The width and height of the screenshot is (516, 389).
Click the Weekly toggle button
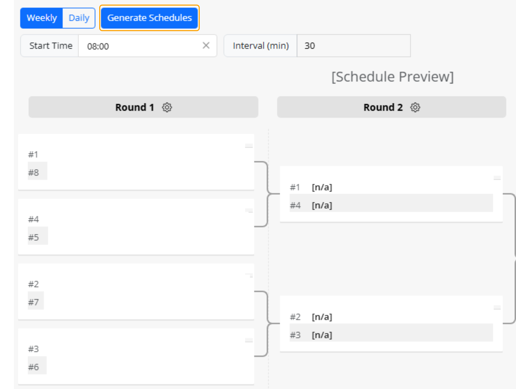pyautogui.click(x=42, y=18)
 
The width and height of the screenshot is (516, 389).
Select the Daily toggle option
pyautogui.click(x=79, y=18)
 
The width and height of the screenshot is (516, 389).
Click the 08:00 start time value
pyautogui.click(x=98, y=46)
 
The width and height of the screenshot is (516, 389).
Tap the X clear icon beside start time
pyautogui.click(x=206, y=46)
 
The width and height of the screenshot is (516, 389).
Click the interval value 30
pyautogui.click(x=310, y=46)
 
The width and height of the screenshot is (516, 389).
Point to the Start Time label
pyautogui.click(x=51, y=46)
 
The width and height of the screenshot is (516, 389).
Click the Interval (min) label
pyautogui.click(x=260, y=46)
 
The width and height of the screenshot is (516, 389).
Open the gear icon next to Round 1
pyautogui.click(x=167, y=107)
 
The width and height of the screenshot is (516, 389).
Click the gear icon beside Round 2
pyautogui.click(x=415, y=107)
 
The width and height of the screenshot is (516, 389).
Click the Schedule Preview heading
pyautogui.click(x=392, y=77)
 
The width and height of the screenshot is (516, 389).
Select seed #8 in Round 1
pyautogui.click(x=33, y=173)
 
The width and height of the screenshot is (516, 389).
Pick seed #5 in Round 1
pyautogui.click(x=33, y=237)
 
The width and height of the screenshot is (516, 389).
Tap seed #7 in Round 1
pyautogui.click(x=33, y=302)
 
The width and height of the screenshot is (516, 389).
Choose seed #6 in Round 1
pyautogui.click(x=33, y=367)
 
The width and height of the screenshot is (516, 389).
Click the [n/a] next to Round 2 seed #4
pyautogui.click(x=322, y=205)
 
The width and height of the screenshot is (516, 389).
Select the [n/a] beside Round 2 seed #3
pyautogui.click(x=322, y=335)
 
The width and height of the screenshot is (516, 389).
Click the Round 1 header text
pyautogui.click(x=135, y=107)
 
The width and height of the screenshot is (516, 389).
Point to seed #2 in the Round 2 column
pyautogui.click(x=295, y=317)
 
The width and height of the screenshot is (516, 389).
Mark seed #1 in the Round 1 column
pyautogui.click(x=33, y=154)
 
